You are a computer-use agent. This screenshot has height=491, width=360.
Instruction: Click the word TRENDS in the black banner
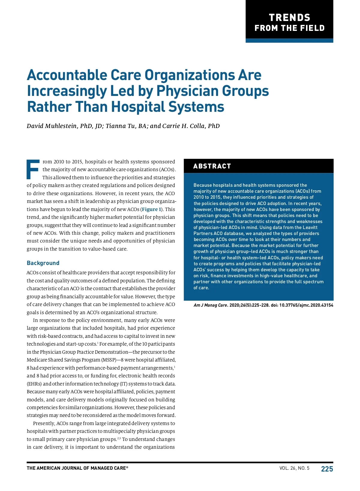pos(289,17)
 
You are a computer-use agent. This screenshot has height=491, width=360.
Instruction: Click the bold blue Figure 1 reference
pos(151,209)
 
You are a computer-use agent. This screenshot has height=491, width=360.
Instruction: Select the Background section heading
pos(43,263)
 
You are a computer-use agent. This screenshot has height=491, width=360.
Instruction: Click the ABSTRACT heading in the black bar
pos(212,166)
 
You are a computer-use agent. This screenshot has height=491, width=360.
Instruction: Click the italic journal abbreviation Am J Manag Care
pos(210,305)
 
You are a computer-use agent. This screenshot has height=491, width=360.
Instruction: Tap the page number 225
pos(327,469)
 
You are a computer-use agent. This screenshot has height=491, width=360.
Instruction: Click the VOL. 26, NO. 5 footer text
pos(294,468)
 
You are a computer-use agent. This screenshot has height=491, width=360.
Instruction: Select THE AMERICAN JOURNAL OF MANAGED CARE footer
pos(77,468)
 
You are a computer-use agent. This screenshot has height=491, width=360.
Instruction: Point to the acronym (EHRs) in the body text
pos(34,384)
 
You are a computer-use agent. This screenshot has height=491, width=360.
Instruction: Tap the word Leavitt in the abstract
pos(310,228)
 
